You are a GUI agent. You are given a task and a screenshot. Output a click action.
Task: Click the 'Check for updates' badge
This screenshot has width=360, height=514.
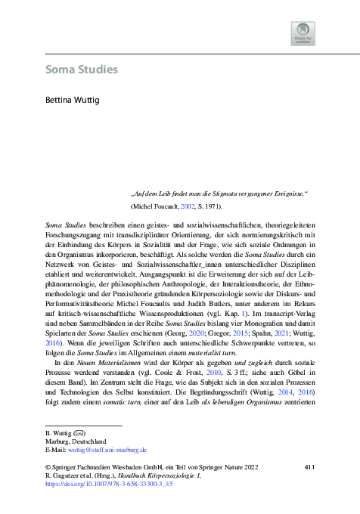tap(303, 33)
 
